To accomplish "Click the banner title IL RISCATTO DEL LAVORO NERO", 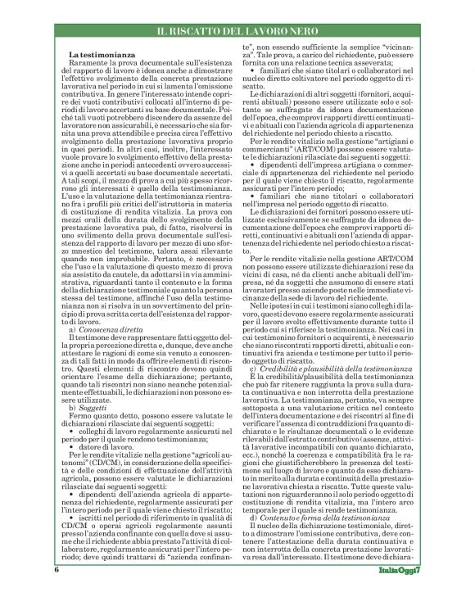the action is click(x=237, y=30).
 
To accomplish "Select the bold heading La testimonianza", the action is click(x=97, y=55).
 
